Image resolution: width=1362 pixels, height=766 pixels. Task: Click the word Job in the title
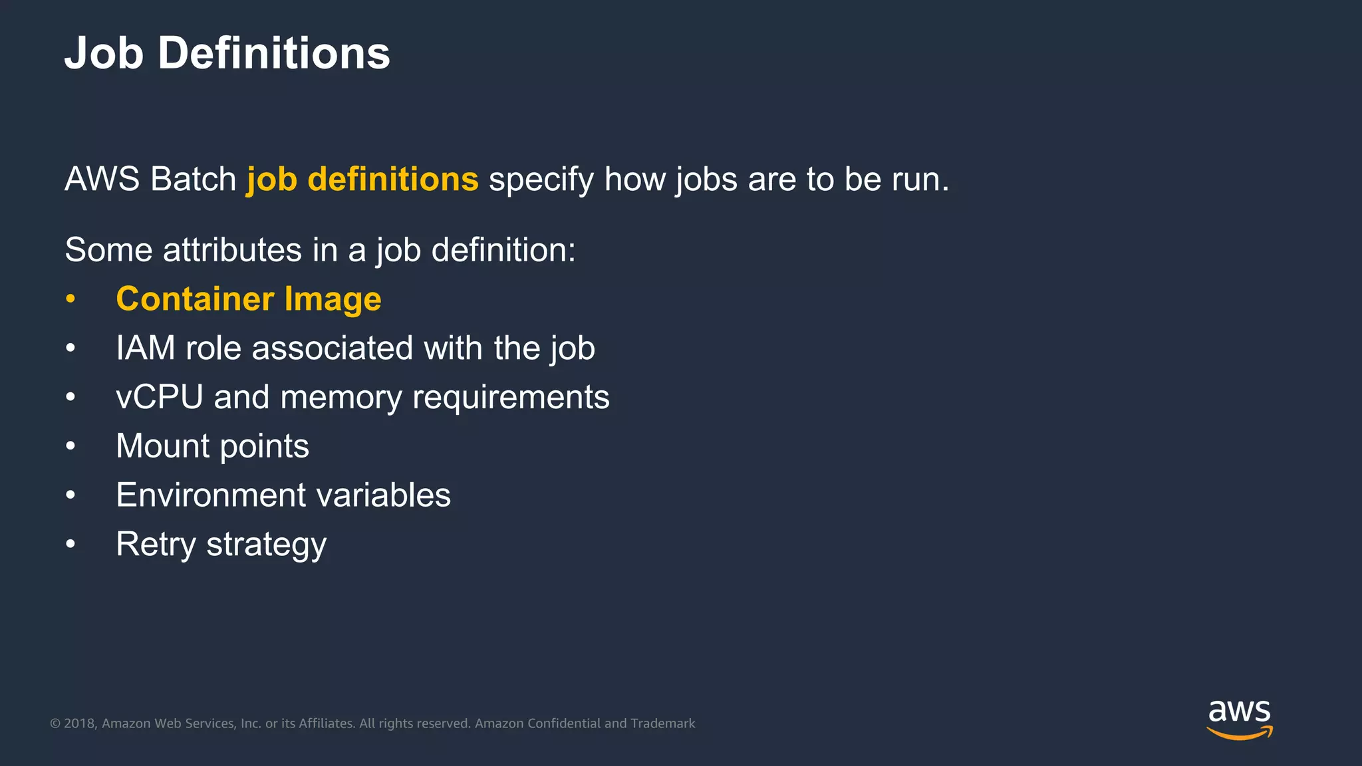[104, 53]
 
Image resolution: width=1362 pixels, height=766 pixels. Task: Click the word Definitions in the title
[273, 53]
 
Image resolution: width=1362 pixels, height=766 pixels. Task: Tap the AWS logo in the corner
[1239, 719]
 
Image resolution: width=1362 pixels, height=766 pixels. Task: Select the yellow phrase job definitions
[362, 180]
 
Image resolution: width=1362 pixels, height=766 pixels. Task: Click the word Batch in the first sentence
[193, 180]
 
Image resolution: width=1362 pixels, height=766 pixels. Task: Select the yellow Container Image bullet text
[248, 299]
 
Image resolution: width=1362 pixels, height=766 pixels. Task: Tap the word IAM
[145, 348]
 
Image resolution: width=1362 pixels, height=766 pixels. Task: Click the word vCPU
[159, 398]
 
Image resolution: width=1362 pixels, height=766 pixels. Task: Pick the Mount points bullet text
[212, 446]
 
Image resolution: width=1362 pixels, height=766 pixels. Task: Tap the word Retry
[156, 545]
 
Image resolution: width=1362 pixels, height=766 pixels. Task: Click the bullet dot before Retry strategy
[70, 545]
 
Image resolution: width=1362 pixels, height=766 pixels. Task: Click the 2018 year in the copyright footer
[80, 723]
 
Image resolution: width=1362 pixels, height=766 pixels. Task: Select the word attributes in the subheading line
[232, 251]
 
